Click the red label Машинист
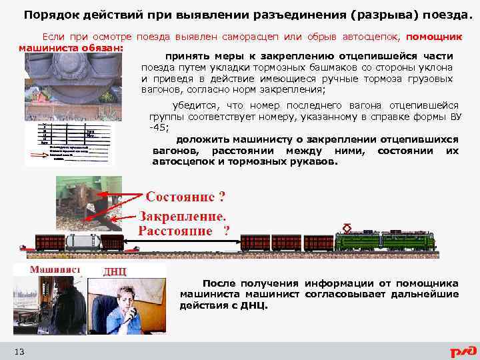55,269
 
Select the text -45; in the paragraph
159,127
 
